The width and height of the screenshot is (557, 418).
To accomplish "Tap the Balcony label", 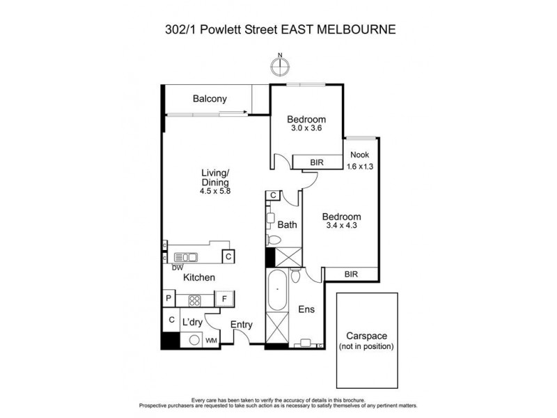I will pyautogui.click(x=210, y=99).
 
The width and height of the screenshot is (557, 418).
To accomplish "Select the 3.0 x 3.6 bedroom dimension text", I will pyautogui.click(x=307, y=127).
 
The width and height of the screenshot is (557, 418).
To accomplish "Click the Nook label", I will pyautogui.click(x=359, y=155).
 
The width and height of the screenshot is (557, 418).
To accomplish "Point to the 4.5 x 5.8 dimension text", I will pyautogui.click(x=216, y=191).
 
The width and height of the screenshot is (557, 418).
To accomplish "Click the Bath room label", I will pyautogui.click(x=288, y=225).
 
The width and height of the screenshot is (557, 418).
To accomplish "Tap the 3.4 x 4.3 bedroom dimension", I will pyautogui.click(x=341, y=225).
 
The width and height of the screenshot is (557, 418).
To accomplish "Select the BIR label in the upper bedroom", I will pyautogui.click(x=307, y=161).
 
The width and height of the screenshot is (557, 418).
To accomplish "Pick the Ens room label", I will pyautogui.click(x=306, y=309).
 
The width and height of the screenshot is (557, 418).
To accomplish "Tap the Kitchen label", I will pyautogui.click(x=199, y=277).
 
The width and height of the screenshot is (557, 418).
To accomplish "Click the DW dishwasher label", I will pyautogui.click(x=177, y=266).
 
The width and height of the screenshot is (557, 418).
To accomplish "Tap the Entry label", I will pyautogui.click(x=241, y=325).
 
